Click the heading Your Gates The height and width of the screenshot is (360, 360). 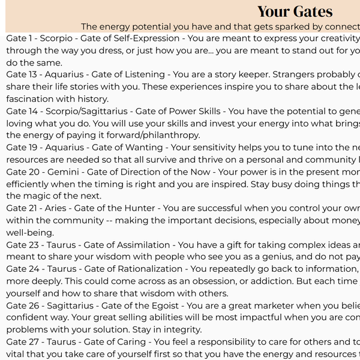295,11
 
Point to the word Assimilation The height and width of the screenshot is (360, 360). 142,245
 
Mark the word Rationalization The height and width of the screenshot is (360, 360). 149,269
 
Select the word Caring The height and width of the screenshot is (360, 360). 130,342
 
